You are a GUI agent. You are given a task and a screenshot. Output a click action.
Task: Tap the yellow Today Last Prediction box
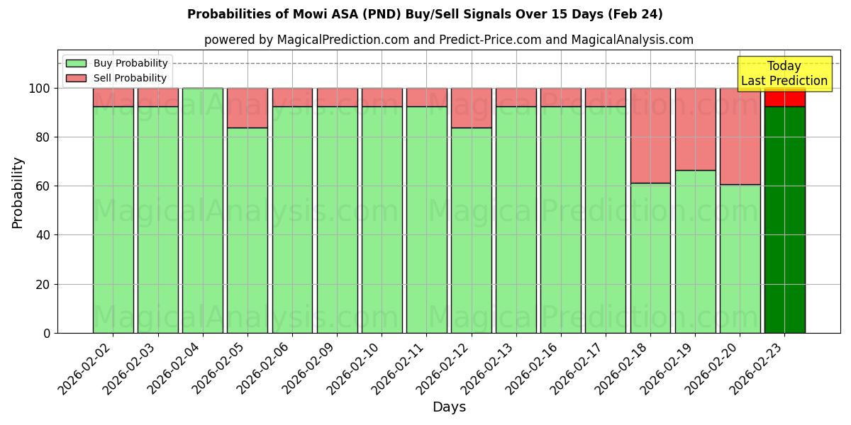pyautogui.click(x=784, y=74)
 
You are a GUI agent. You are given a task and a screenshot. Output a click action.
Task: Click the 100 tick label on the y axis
pyautogui.click(x=39, y=89)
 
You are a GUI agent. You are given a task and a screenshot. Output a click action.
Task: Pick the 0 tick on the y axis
pyautogui.click(x=47, y=333)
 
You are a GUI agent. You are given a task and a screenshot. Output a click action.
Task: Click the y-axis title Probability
pyautogui.click(x=18, y=192)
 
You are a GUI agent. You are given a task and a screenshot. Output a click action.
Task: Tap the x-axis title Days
pyautogui.click(x=449, y=407)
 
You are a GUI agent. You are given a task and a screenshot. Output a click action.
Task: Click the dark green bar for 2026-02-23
pyautogui.click(x=784, y=220)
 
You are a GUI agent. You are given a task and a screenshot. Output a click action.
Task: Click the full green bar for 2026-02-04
pyautogui.click(x=203, y=210)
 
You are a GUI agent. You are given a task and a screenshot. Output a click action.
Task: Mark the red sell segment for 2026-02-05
pyautogui.click(x=247, y=108)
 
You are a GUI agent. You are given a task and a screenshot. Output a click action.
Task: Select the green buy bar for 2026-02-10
pyautogui.click(x=382, y=220)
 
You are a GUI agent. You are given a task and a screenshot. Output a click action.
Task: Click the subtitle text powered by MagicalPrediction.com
pyautogui.click(x=448, y=40)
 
